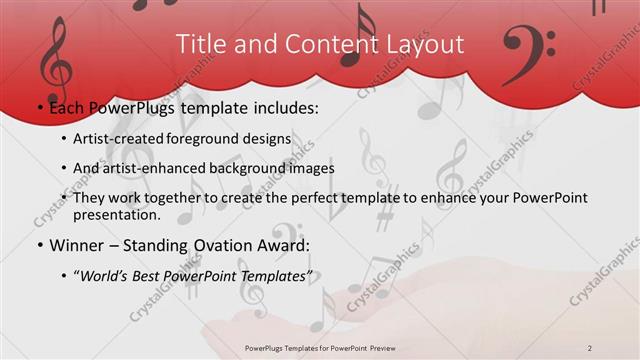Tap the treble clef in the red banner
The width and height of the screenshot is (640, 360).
[x=55, y=61]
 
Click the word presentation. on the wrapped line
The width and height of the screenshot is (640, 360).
[x=116, y=214]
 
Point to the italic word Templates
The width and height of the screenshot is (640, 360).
[x=275, y=277]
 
